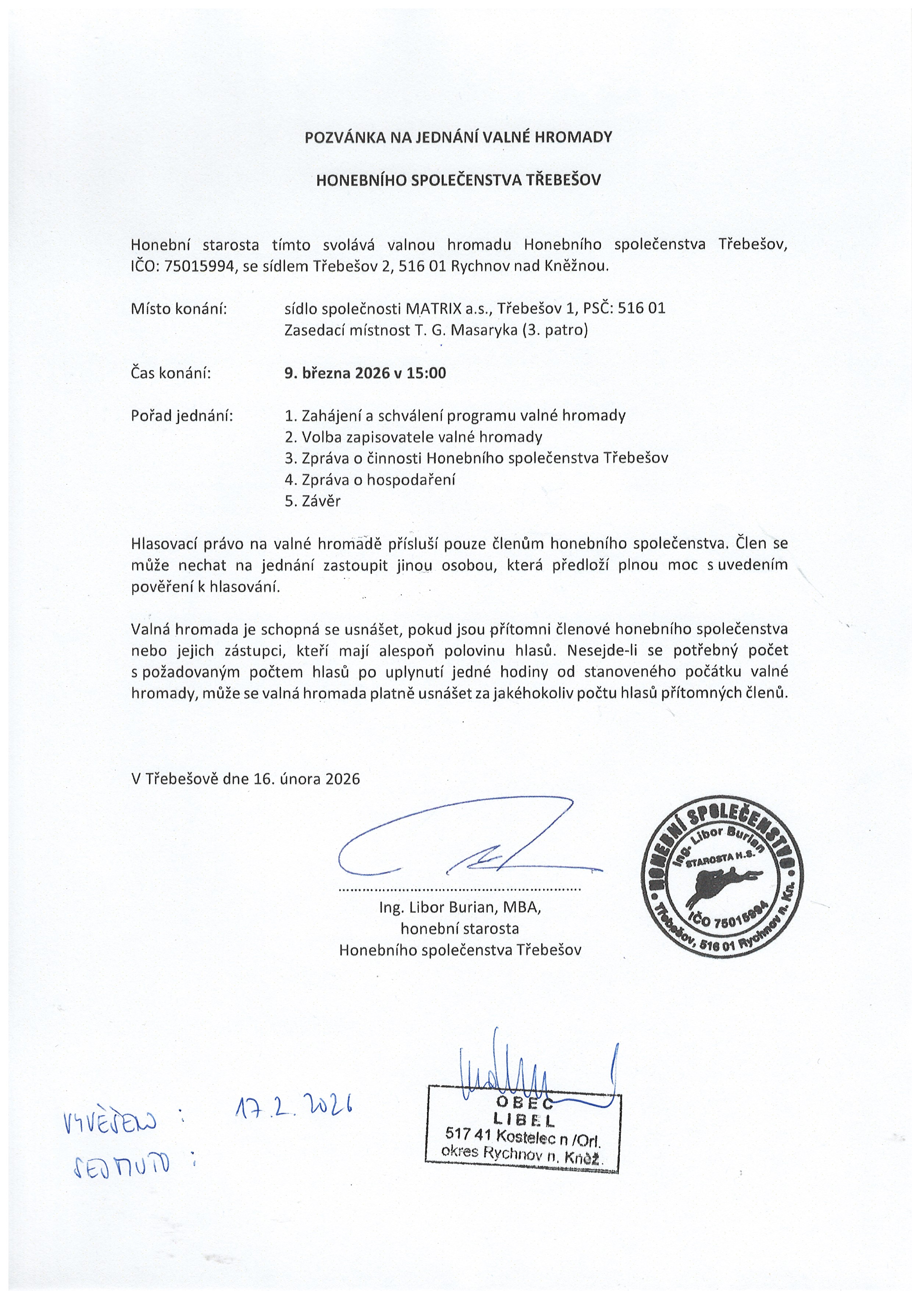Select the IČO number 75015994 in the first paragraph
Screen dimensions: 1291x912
[x=199, y=266]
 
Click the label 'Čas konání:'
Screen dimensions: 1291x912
[x=171, y=373]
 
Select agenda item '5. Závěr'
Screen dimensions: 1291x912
[x=313, y=501]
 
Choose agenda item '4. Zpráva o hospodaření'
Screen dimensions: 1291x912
[x=370, y=480]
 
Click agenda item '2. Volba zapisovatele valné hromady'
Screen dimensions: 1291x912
[x=413, y=437]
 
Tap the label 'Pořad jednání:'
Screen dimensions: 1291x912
[x=182, y=415]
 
